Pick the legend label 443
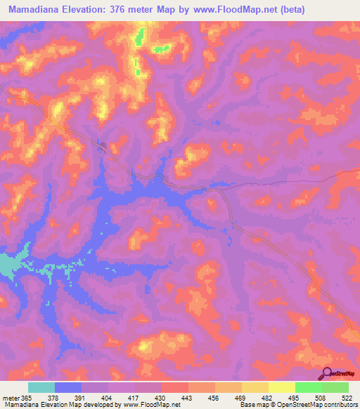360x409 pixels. (x=187, y=398)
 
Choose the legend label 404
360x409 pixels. (x=108, y=398)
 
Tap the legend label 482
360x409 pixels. (x=266, y=398)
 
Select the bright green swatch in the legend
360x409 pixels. (x=309, y=388)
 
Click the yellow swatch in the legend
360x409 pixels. (x=255, y=388)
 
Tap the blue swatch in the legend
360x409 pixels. (x=68, y=388)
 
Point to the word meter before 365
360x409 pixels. (x=11, y=398)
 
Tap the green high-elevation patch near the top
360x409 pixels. (x=162, y=48)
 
